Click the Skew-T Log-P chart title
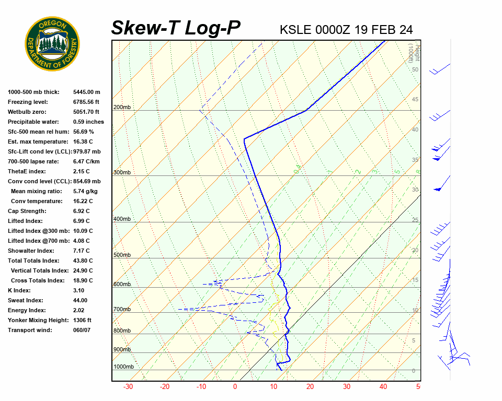click(176, 28)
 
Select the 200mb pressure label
click(122, 108)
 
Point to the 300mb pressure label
click(122, 172)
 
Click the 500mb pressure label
click(122, 255)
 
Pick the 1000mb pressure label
click(123, 367)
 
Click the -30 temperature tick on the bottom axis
click(128, 387)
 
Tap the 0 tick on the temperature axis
click(235, 387)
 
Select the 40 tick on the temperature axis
click(383, 387)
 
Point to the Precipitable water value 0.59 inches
click(88, 122)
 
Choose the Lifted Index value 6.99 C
click(82, 221)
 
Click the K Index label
click(19, 290)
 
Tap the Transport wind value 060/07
click(82, 330)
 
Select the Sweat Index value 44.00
click(81, 300)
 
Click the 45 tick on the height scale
click(415, 100)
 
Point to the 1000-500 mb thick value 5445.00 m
click(87, 92)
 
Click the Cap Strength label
click(27, 211)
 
